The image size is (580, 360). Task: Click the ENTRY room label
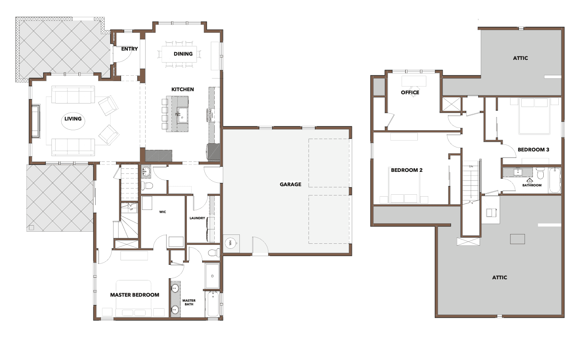coord(129,49)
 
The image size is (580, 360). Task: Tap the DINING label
coord(183,54)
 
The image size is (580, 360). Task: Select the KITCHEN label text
coord(183,89)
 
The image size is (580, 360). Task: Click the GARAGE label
coord(290,184)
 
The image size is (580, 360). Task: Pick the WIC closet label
coord(163,212)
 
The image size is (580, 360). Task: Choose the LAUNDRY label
coord(197,218)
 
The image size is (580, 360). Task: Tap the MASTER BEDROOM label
coord(135,295)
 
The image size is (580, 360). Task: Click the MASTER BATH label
coord(189,302)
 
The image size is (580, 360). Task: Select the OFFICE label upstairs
coord(410,92)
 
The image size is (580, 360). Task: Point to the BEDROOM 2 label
coord(407,170)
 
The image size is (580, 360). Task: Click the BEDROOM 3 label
coord(533,150)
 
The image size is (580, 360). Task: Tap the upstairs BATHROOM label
coord(532,185)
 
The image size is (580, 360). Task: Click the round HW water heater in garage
coord(230,243)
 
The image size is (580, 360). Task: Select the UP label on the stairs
coord(131,209)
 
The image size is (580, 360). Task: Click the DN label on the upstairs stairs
coord(471,166)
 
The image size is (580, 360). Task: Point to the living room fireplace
coord(36,121)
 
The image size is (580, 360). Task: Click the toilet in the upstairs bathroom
coord(540,173)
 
